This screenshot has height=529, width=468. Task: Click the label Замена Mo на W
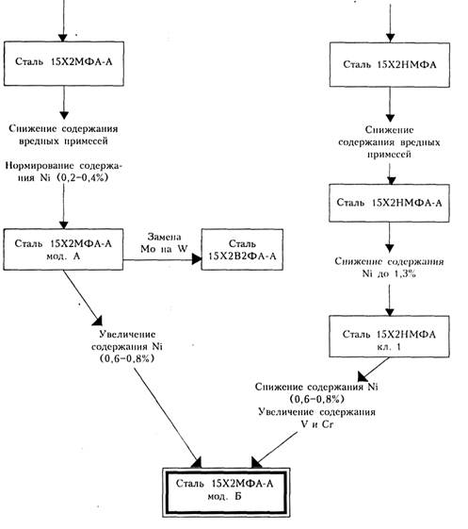[x=164, y=243]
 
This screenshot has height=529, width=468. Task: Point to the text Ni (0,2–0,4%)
[x=74, y=178]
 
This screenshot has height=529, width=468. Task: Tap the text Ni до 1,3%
[x=389, y=273]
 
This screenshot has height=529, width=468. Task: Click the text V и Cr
[x=316, y=424]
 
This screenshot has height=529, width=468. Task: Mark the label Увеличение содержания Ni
[x=128, y=340]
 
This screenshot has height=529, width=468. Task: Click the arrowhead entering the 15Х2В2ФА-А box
[x=197, y=259]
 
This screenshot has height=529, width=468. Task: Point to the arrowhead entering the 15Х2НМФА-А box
[x=391, y=180]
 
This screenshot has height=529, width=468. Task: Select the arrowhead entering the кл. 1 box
[x=390, y=312]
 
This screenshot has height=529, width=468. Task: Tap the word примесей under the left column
[x=86, y=141]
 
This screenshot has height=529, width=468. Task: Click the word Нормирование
[x=40, y=166]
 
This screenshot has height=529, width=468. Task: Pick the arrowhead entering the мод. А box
[x=64, y=225]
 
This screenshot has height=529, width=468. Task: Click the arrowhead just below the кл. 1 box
[x=363, y=376]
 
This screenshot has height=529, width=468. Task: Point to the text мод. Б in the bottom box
[x=224, y=496]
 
